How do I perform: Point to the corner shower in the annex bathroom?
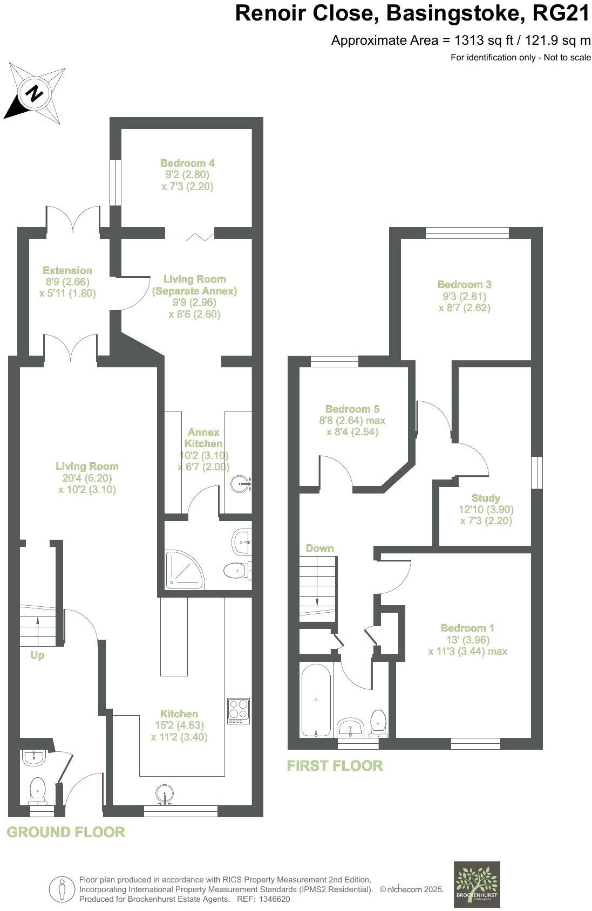[x=184, y=570]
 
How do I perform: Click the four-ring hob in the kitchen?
[x=238, y=711]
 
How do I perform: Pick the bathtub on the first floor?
[x=316, y=700]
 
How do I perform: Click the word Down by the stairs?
[x=319, y=548]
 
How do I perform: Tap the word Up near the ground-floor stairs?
[x=37, y=655]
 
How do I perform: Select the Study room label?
[x=486, y=498]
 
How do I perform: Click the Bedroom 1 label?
[x=467, y=628]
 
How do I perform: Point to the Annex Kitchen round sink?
[x=240, y=484]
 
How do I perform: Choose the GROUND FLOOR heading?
[x=66, y=832]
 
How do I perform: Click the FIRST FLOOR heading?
[x=335, y=765]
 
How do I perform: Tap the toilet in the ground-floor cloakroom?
[x=37, y=788]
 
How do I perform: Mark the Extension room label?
[x=67, y=270]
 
